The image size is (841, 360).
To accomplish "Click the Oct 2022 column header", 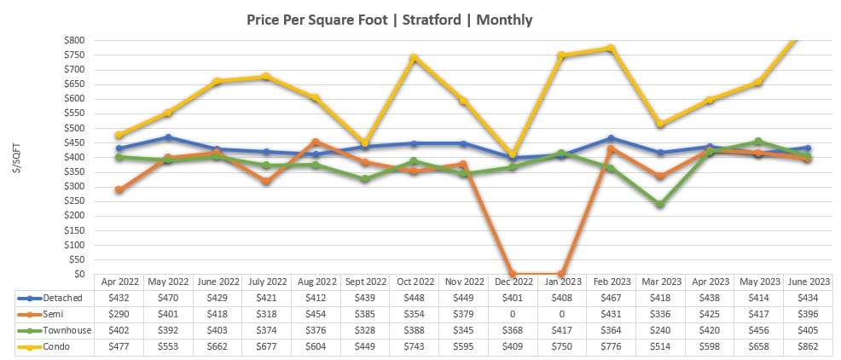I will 415,281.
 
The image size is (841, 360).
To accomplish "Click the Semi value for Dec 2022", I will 513,314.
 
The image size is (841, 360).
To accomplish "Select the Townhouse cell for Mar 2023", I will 659,330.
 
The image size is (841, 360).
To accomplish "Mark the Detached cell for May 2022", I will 169,298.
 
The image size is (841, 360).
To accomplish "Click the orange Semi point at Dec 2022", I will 513,274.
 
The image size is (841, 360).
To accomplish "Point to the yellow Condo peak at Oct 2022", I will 414,58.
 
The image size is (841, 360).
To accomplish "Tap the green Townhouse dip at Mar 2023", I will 659,205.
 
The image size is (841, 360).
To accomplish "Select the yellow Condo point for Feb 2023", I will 611,49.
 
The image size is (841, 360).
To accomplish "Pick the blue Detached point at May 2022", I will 169,137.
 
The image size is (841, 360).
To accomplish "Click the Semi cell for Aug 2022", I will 317,314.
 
